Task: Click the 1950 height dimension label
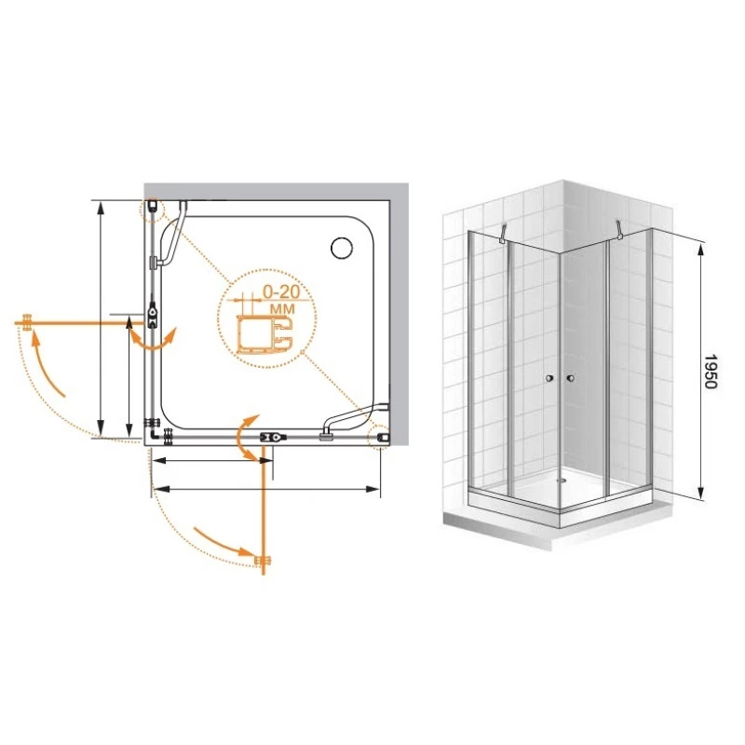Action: coord(710,371)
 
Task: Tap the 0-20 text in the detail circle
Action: coord(281,291)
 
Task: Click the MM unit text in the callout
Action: coord(282,309)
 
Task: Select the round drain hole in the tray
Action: coord(342,248)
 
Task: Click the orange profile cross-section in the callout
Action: coord(264,334)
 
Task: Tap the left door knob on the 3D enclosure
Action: coord(549,378)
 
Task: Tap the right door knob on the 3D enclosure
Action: coord(570,378)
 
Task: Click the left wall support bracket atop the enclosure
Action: coord(502,234)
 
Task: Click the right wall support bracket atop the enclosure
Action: coord(618,229)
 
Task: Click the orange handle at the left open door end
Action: coord(27,322)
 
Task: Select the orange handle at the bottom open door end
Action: coord(263,561)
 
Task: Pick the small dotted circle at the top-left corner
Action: coord(152,209)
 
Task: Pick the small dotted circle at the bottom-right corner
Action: coord(380,437)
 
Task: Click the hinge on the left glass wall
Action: coord(152,312)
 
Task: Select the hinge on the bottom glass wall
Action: coord(273,437)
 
